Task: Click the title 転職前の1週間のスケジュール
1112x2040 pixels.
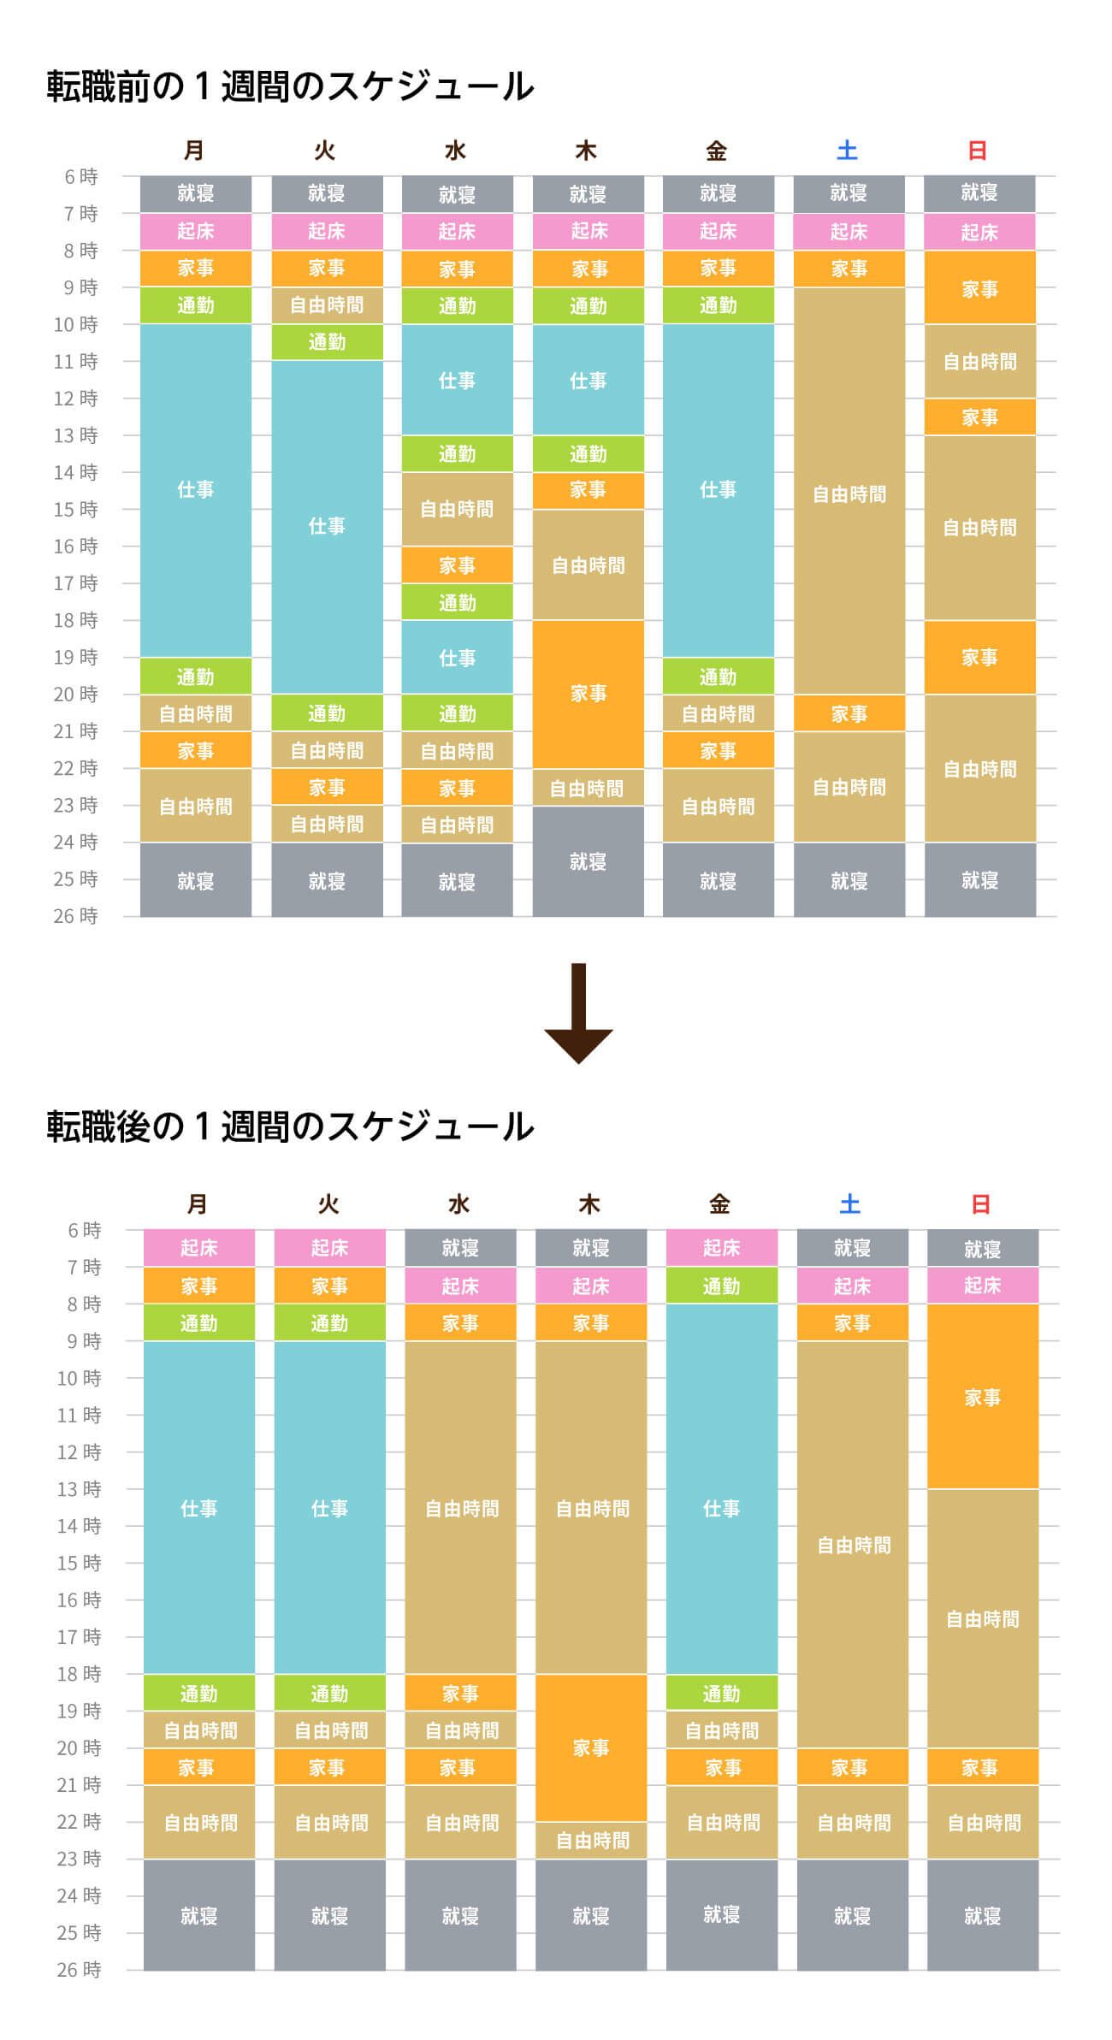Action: point(290,87)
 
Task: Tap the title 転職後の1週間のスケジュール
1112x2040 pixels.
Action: point(290,1126)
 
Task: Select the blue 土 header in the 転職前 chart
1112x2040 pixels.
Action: point(847,151)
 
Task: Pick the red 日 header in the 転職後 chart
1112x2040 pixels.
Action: point(980,1204)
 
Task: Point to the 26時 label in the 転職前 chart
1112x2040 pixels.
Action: point(76,916)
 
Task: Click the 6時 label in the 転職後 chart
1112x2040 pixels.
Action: point(84,1230)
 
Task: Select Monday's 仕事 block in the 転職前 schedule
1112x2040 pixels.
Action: point(196,489)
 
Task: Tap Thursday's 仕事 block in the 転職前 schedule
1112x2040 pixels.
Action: point(588,380)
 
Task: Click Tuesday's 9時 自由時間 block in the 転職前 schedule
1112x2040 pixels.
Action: point(327,305)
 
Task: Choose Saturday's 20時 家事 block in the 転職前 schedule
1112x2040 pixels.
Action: point(849,713)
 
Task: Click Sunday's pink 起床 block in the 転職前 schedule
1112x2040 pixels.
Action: point(979,232)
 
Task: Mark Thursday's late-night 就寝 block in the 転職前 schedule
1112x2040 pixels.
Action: point(588,861)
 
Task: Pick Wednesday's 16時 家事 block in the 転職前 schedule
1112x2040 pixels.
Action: point(457,565)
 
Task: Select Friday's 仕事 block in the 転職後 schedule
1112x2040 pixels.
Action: point(721,1507)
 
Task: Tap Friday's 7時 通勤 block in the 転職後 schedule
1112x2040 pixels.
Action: point(721,1286)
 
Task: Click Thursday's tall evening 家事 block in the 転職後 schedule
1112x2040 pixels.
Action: point(590,1747)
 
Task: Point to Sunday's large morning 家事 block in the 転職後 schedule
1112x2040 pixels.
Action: point(982,1397)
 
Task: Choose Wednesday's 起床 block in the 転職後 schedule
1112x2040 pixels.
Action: point(460,1286)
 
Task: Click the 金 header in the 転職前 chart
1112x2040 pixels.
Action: point(717,151)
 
